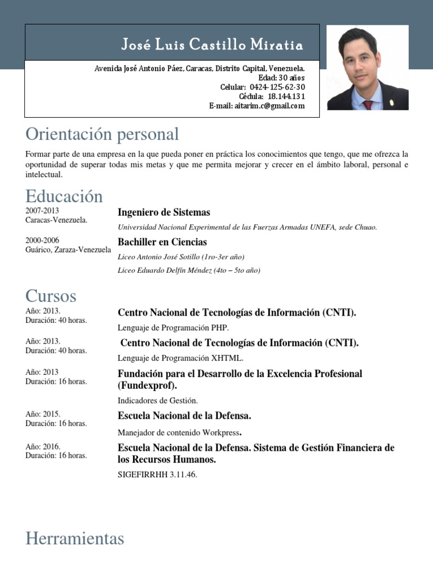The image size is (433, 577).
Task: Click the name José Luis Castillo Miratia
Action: [x=213, y=45]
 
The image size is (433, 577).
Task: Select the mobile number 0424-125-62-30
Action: [x=277, y=87]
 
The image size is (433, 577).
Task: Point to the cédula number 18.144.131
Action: [x=286, y=96]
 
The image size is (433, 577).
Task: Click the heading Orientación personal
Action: [x=102, y=134]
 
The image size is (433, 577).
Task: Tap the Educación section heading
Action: [x=64, y=196]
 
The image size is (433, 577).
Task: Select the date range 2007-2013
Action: [x=42, y=211]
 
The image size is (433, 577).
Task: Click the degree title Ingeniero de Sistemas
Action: [x=164, y=212]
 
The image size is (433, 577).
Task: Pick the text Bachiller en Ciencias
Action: [x=162, y=242]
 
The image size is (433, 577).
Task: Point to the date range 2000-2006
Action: [x=42, y=240]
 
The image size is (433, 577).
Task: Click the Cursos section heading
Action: [x=51, y=296]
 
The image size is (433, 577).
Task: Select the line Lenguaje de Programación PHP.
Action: [x=173, y=327]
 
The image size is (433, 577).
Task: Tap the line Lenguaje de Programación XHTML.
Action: [x=180, y=358]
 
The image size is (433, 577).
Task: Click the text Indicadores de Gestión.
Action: [x=158, y=401]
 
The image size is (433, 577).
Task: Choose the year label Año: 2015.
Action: [x=43, y=414]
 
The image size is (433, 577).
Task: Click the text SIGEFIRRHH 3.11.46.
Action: [x=157, y=474]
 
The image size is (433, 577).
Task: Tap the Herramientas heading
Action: [x=74, y=539]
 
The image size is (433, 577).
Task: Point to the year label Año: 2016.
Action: [x=43, y=446]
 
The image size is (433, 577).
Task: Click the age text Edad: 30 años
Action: [x=281, y=78]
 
